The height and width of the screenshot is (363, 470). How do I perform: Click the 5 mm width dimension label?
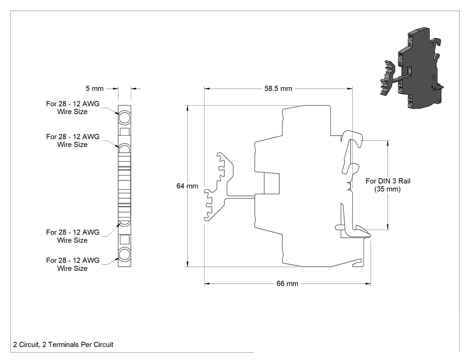pyautogui.click(x=94, y=89)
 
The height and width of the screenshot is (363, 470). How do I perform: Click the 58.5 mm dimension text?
pyautogui.click(x=278, y=89)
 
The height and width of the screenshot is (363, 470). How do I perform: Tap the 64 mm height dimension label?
pyautogui.click(x=188, y=186)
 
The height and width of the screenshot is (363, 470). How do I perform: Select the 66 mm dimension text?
pyautogui.click(x=287, y=284)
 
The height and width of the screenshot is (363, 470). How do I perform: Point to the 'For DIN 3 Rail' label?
pyautogui.click(x=388, y=181)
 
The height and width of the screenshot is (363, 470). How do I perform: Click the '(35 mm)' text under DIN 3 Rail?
pyautogui.click(x=388, y=189)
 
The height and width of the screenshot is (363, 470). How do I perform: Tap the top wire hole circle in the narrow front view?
pyautogui.click(x=124, y=118)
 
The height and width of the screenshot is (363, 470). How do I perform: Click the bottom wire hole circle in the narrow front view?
pyautogui.click(x=124, y=255)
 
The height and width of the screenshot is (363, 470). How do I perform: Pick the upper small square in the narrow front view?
pyautogui.click(x=124, y=132)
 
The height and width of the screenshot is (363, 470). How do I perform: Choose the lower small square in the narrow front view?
pyautogui.click(x=124, y=239)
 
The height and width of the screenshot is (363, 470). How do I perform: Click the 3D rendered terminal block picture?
pyautogui.click(x=412, y=68)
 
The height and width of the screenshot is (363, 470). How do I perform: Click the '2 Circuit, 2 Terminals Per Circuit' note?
pyautogui.click(x=63, y=345)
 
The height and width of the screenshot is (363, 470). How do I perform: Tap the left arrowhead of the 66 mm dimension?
pyautogui.click(x=207, y=284)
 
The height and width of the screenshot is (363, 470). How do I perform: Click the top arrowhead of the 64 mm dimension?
pyautogui.click(x=188, y=108)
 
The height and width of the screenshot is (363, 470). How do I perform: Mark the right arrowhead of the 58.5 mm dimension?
pyautogui.click(x=350, y=89)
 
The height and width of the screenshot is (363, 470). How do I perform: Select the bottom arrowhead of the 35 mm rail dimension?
pyautogui.click(x=388, y=227)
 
